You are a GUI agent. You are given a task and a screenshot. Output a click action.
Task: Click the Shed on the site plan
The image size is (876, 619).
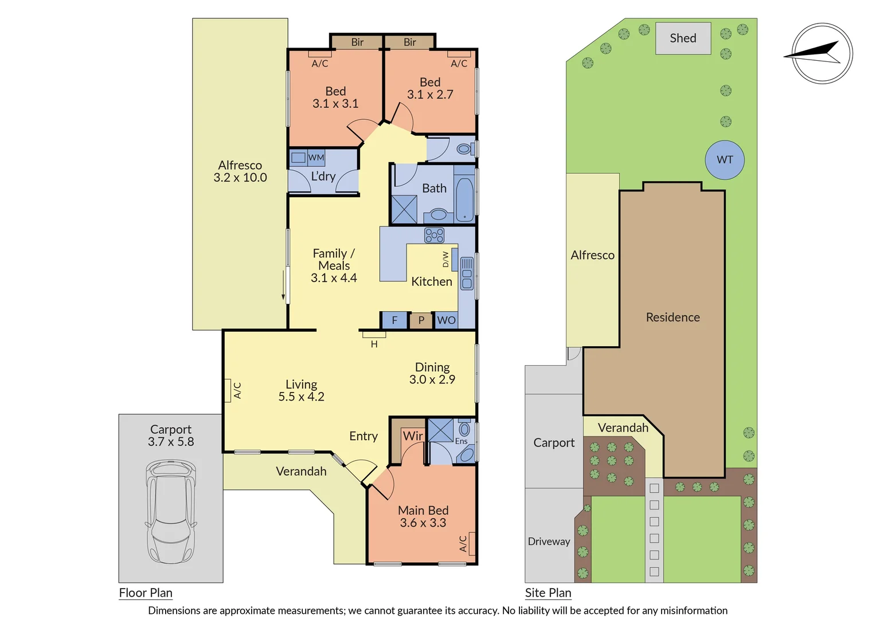(683, 38)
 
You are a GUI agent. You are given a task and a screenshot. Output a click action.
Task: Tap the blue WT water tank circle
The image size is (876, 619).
(725, 160)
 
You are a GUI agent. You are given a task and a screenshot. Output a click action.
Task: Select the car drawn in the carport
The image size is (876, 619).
(171, 512)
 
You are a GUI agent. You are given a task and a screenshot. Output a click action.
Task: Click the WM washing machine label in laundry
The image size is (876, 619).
(316, 158)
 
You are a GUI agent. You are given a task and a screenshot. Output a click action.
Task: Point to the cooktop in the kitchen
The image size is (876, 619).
(434, 235)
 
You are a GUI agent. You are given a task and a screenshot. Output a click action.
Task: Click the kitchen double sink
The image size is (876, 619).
(467, 273)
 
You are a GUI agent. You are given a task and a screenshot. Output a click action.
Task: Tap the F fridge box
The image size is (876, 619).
(394, 320)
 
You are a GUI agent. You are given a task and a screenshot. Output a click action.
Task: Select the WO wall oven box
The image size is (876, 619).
(446, 320)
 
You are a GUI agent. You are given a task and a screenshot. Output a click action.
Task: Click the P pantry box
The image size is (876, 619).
(421, 320)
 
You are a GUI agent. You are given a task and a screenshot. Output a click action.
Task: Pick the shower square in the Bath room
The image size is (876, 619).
(404, 209)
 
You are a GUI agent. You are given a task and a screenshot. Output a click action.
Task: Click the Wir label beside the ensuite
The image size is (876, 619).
(412, 436)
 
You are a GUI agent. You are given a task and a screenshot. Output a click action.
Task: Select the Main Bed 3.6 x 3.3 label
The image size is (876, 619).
(423, 516)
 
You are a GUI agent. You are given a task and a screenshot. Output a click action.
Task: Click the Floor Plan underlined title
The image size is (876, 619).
(146, 593)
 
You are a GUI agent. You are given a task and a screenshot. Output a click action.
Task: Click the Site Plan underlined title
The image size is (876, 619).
(548, 593)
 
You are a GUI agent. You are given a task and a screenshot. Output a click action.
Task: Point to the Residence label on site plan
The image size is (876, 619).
(672, 318)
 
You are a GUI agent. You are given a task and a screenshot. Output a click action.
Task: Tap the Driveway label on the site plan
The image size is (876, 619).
(549, 542)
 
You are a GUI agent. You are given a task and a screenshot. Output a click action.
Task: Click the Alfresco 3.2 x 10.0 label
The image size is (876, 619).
(240, 171)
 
